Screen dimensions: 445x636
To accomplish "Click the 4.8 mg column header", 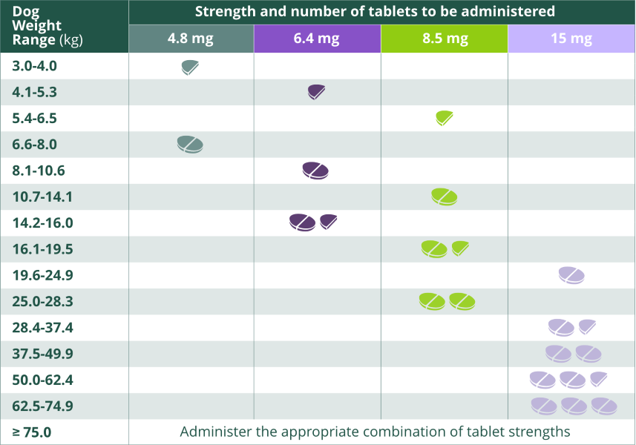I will [x=191, y=39].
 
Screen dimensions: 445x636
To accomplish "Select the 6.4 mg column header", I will [x=317, y=39].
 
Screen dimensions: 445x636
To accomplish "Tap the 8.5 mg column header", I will [x=445, y=39].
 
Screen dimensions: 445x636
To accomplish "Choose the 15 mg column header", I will [x=571, y=39].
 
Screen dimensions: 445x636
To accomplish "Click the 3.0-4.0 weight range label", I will [x=34, y=66].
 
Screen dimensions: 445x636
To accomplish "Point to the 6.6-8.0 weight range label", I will [x=34, y=145].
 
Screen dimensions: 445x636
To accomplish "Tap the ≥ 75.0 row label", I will [x=32, y=432].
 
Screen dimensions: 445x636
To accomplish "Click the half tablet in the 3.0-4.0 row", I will [x=190, y=67].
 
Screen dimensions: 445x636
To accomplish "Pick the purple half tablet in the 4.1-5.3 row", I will [x=317, y=93].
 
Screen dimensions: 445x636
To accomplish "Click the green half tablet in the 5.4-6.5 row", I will [x=445, y=118].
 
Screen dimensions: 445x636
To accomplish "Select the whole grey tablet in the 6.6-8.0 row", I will [x=190, y=145].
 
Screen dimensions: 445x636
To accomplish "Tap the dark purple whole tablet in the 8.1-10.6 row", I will [x=315, y=171].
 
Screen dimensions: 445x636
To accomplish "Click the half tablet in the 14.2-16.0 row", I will [x=329, y=222].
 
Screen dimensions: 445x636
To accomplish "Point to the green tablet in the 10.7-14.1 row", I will [x=445, y=197].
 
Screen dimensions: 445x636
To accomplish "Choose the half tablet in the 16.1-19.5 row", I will [x=460, y=248].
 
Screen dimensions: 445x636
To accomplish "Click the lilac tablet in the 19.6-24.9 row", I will [x=571, y=275].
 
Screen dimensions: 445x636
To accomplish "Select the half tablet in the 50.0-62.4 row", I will [x=599, y=379].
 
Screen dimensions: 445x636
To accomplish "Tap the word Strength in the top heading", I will [x=223, y=11].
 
